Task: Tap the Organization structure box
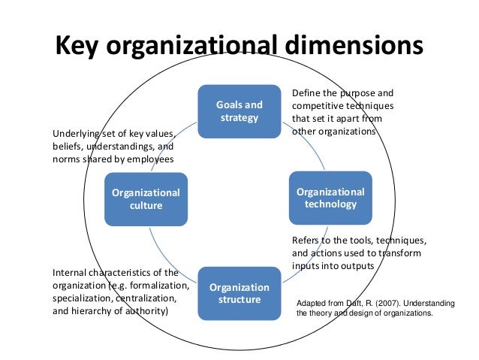[239, 293]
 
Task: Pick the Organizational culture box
[146, 199]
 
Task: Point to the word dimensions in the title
[355, 47]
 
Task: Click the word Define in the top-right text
[306, 93]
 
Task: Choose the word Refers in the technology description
[306, 241]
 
